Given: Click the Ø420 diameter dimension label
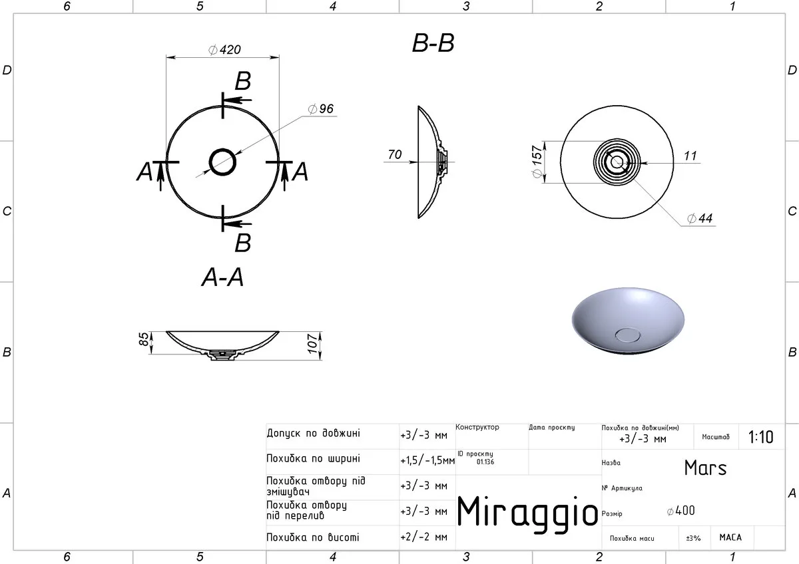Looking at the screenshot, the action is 225,49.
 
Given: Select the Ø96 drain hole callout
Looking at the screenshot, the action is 321,108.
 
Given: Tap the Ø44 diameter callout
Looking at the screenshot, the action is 700,218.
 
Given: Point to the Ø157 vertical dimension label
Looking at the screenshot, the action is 537,162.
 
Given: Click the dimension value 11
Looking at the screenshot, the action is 690,156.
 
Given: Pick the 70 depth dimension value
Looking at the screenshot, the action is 394,154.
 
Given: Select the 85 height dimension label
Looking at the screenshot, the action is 143,339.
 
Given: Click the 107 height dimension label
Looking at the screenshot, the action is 312,344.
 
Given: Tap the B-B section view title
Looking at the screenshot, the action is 433,43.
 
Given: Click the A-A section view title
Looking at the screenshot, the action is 222,277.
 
